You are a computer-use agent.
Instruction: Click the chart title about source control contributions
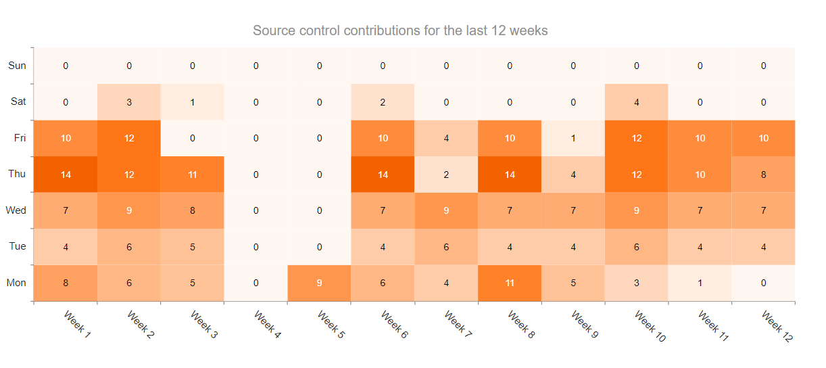(400, 31)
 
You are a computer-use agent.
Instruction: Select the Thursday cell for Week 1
(66, 175)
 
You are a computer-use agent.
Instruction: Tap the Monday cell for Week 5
(319, 283)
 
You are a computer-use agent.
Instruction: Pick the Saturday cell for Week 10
(636, 102)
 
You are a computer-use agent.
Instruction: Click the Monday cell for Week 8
(510, 283)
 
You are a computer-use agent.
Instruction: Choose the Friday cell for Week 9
(573, 138)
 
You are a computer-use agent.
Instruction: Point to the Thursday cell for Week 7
(446, 175)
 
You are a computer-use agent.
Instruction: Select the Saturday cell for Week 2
(129, 102)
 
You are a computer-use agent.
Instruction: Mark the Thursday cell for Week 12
(763, 175)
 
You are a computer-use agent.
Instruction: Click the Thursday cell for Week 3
(193, 175)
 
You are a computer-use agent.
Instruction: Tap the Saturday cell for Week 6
(383, 102)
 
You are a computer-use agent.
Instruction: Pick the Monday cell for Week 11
(700, 283)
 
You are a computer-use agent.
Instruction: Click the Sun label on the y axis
(18, 66)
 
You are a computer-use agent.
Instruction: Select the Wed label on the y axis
(16, 210)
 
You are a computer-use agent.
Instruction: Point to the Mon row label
(16, 283)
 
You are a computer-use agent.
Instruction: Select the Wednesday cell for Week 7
(446, 210)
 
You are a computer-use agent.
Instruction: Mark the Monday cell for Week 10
(636, 283)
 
